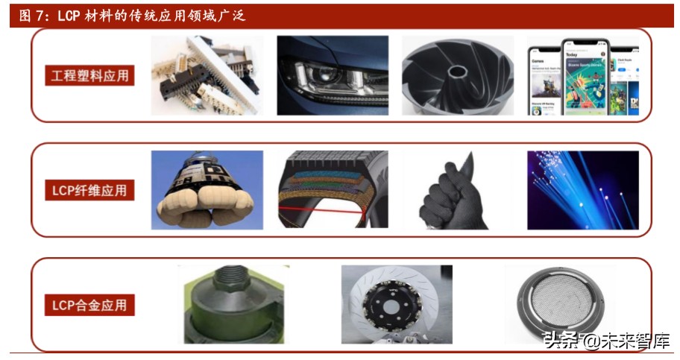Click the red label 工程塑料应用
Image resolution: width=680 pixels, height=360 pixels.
pyautogui.click(x=89, y=75)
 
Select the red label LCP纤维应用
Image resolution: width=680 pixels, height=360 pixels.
pyautogui.click(x=89, y=190)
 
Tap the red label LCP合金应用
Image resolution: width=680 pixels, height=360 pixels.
pyautogui.click(x=89, y=304)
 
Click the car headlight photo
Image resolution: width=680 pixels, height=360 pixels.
pyautogui.click(x=333, y=75)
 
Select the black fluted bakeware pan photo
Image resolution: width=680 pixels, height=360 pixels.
pyautogui.click(x=457, y=75)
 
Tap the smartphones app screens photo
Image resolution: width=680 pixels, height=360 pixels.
pyautogui.click(x=582, y=75)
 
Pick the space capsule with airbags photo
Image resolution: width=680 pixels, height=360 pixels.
pyautogui.click(x=207, y=190)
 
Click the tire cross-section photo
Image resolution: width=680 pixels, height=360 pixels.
pyautogui.click(x=333, y=190)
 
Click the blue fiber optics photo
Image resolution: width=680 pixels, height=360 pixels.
pyautogui.click(x=582, y=190)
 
